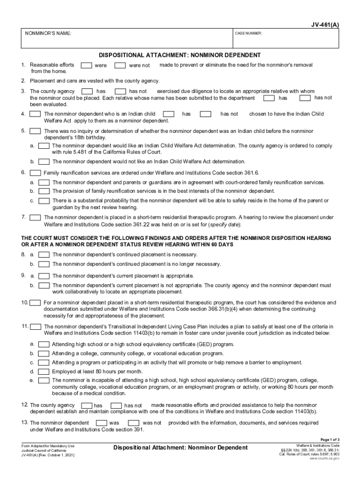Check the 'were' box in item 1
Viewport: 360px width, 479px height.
coord(86,65)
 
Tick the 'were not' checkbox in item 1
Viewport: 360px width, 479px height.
coord(120,65)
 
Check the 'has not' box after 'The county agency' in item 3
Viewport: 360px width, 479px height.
coord(120,91)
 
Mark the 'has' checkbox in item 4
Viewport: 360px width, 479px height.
coord(169,114)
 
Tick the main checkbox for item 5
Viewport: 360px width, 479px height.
coord(35,131)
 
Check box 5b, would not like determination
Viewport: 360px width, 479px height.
coord(44,161)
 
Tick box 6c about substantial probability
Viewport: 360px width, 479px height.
coord(44,200)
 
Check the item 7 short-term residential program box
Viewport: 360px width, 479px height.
coord(35,218)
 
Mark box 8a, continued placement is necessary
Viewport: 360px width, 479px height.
coord(44,255)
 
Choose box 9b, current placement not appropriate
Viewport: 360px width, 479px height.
coord(44,285)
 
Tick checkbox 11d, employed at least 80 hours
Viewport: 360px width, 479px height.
coord(44,371)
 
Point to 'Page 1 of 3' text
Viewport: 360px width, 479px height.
coord(330,439)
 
